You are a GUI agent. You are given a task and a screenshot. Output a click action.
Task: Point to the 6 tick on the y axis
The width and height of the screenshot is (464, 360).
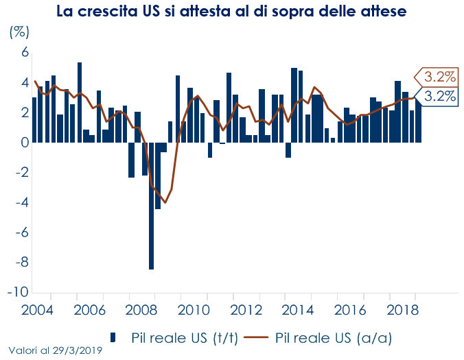(24, 53)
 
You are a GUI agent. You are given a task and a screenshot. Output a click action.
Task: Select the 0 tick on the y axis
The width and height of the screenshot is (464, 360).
(24, 143)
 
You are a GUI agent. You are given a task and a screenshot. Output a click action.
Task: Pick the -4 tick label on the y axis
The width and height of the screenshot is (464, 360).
(21, 202)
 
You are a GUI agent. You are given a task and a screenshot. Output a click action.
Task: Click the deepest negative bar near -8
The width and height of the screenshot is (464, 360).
(151, 206)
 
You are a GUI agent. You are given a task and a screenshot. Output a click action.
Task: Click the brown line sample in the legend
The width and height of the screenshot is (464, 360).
(255, 337)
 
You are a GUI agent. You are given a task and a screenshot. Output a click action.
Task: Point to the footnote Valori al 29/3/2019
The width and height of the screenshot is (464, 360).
(56, 350)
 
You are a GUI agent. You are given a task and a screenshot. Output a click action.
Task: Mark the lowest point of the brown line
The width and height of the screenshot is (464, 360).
(165, 202)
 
